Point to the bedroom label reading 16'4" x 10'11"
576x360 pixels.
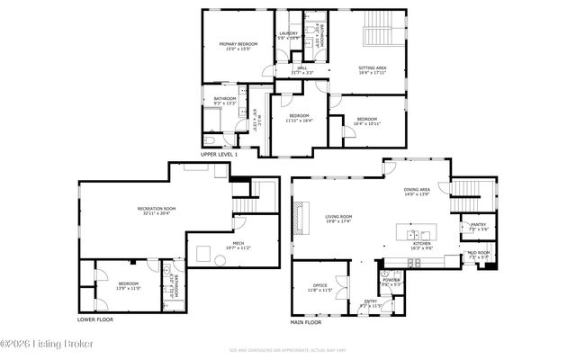pyautogui.click(x=366, y=121)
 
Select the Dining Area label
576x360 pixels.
pyautogui.click(x=417, y=192)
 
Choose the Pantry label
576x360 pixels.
pyautogui.click(x=478, y=229)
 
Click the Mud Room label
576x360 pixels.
pyautogui.click(x=478, y=256)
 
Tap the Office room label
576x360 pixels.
pyautogui.click(x=320, y=288)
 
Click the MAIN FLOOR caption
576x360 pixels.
pyautogui.click(x=306, y=322)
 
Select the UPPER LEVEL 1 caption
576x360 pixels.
pyautogui.click(x=219, y=155)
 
